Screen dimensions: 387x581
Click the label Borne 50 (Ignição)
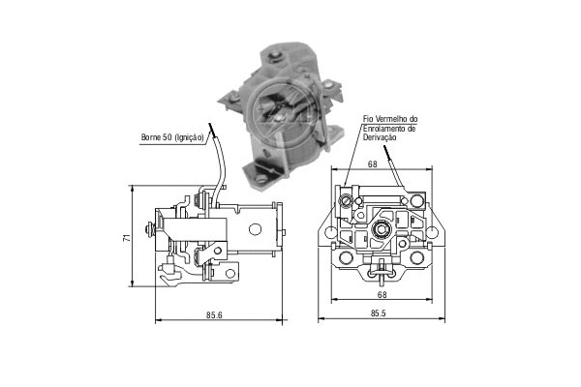click(x=171, y=139)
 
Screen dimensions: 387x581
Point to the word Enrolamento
click(x=383, y=128)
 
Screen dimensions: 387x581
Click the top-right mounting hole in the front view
click(x=416, y=200)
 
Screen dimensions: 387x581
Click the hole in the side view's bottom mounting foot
click(x=229, y=274)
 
